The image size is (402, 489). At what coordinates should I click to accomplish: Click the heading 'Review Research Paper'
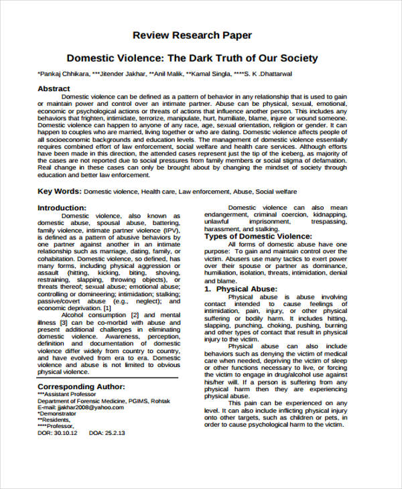pyautogui.click(x=192, y=34)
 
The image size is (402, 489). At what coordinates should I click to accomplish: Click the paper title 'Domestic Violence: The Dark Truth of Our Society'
pyautogui.click(x=192, y=58)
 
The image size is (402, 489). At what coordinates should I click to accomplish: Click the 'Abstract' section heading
pyautogui.click(x=54, y=88)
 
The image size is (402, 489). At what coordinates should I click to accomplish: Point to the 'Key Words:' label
pyautogui.click(x=60, y=192)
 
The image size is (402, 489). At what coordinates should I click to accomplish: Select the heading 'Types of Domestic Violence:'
pyautogui.click(x=257, y=236)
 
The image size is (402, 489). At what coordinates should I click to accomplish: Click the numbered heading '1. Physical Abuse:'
pyautogui.click(x=241, y=289)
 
